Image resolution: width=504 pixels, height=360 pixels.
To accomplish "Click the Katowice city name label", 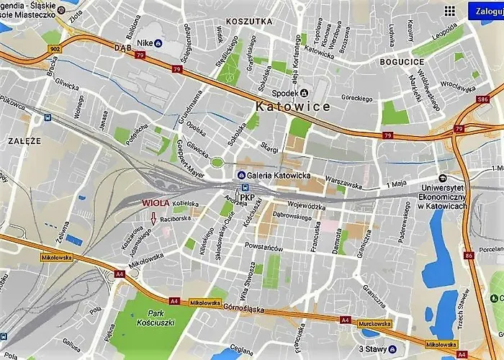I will (293, 107).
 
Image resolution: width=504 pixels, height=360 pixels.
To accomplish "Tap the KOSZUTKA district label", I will (248, 22).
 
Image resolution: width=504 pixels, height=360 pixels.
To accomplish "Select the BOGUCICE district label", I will (400, 63).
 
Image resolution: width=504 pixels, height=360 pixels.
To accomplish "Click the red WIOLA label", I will (156, 203).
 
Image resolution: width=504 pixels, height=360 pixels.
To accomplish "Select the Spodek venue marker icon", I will (304, 92).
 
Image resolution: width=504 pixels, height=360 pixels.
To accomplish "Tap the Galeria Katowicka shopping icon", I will (241, 176).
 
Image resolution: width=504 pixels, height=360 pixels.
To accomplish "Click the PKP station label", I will (247, 197).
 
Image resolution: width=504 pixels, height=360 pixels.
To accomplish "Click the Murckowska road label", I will (374, 324).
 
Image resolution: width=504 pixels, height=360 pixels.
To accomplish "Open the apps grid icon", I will (449, 11).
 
